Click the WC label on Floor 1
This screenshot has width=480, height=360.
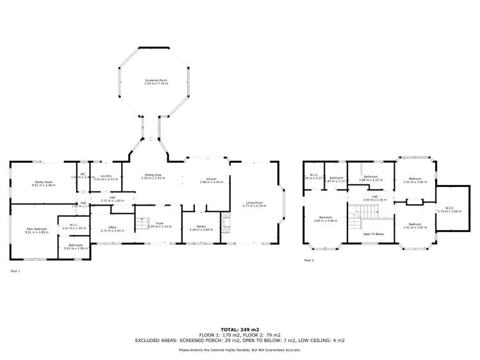point(83,176)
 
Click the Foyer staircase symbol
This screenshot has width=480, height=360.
point(142,224)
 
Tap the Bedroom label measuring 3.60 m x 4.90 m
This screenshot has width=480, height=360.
point(325,218)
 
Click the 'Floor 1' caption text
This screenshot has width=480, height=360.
point(16,271)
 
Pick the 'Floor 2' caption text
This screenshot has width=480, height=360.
point(309,261)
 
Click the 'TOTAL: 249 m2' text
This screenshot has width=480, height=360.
point(240,328)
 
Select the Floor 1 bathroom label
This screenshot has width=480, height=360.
point(76,246)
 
